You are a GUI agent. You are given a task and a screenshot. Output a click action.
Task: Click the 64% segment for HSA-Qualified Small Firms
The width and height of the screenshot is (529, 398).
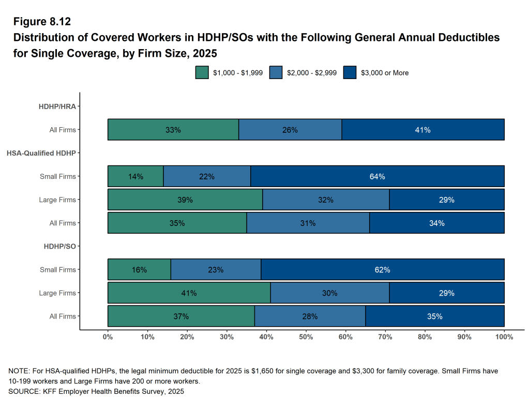(377, 176)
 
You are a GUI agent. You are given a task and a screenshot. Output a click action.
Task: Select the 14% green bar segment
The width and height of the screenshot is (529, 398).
(135, 176)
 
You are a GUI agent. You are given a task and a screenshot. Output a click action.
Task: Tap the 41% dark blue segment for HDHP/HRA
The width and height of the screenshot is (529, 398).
(422, 130)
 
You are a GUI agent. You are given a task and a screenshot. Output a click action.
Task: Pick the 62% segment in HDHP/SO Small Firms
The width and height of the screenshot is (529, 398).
(383, 270)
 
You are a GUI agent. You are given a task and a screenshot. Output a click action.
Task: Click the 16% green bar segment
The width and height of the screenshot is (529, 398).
(139, 270)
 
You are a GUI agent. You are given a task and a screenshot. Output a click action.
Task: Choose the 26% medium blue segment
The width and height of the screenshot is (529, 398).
(290, 130)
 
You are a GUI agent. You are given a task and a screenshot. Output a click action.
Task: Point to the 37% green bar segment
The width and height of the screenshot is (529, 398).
(181, 316)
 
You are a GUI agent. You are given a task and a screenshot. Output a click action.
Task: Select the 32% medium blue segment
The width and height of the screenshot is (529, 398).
(326, 200)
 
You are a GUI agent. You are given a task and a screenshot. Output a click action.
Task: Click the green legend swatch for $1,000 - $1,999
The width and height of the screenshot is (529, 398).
(202, 73)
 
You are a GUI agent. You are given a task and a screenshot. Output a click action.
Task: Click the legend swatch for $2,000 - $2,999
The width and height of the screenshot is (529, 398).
(276, 73)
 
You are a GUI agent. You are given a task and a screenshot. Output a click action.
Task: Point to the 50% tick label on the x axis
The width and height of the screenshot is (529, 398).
(306, 337)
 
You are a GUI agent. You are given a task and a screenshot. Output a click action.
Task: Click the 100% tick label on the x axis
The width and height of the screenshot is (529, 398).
(504, 337)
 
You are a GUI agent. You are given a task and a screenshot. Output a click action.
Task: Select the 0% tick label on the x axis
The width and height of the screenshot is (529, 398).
(108, 337)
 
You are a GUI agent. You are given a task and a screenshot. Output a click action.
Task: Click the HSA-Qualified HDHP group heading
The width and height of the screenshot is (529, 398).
(41, 153)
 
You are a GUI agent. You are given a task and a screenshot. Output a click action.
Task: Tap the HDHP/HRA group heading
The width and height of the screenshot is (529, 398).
(57, 106)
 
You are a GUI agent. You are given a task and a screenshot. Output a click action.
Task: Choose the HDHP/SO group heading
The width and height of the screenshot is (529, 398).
(60, 246)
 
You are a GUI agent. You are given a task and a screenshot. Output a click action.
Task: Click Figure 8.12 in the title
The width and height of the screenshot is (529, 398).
(42, 22)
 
